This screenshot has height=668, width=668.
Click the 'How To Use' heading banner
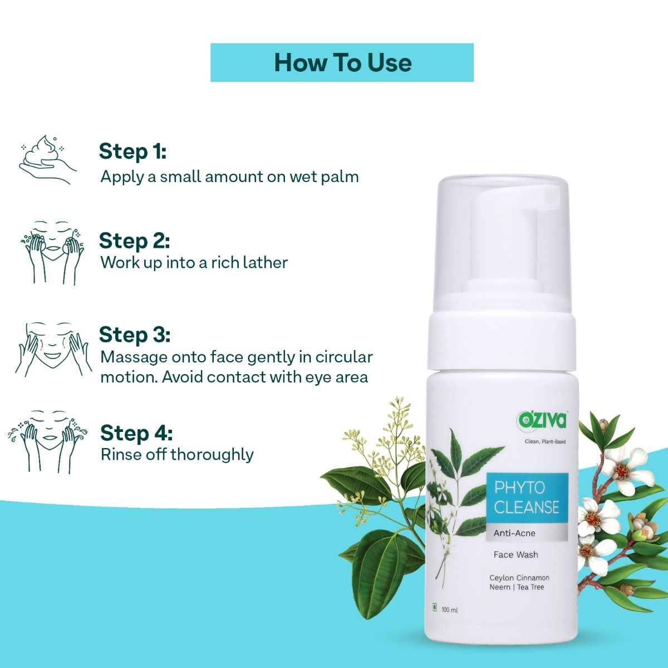342,62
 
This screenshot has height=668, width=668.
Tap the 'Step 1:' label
132,151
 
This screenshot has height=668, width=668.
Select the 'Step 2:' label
134,241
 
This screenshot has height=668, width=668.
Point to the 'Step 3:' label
134,335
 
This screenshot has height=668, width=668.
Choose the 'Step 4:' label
136,433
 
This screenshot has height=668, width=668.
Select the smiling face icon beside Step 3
51,348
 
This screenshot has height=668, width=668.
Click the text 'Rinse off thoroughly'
176,454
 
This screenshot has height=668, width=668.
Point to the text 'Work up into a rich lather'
194,262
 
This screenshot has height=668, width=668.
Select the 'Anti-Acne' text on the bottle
514,533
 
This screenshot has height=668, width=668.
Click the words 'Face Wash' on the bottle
515,554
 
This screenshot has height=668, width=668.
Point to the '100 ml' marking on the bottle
449,610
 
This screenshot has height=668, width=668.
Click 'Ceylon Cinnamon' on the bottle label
519,578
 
